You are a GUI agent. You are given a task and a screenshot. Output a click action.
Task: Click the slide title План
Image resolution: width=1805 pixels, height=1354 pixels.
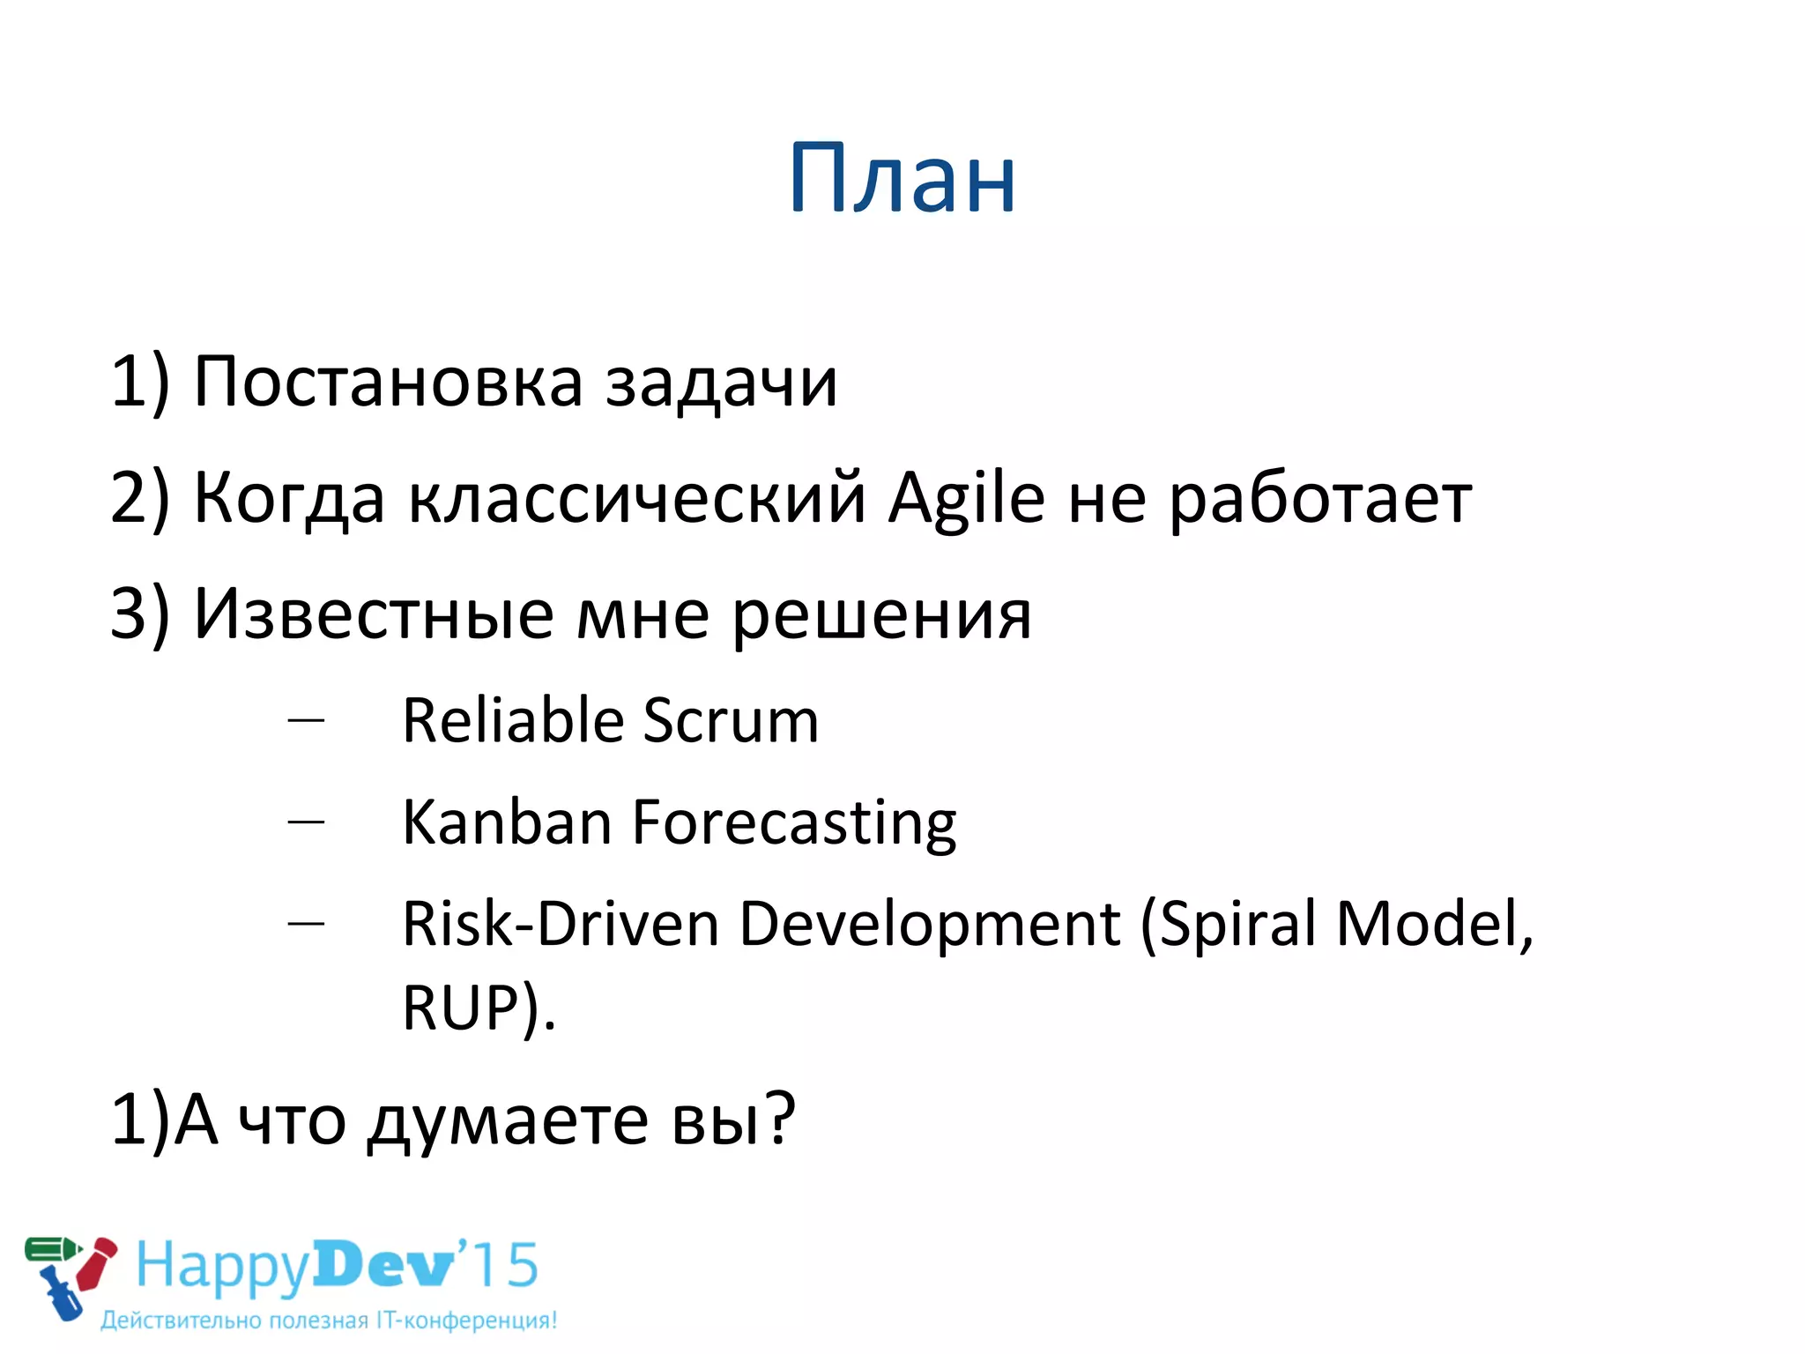pyautogui.click(x=902, y=179)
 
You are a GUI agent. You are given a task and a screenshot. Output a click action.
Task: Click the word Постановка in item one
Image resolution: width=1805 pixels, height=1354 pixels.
pyautogui.click(x=388, y=383)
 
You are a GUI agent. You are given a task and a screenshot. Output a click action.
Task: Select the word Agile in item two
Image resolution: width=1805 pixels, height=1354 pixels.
pyautogui.click(x=966, y=499)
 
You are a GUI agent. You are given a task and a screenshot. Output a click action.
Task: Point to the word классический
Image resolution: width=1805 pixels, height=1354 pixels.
pyautogui.click(x=636, y=499)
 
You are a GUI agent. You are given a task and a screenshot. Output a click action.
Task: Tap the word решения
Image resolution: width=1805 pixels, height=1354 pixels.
pyautogui.click(x=881, y=615)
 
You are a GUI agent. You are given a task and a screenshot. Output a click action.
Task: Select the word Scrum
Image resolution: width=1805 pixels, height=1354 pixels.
pyautogui.click(x=731, y=721)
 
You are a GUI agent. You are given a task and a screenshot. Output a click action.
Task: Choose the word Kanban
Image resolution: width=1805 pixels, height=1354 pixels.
pyautogui.click(x=507, y=822)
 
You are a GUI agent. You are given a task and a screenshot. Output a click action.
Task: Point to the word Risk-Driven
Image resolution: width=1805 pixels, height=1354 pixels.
pyautogui.click(x=561, y=925)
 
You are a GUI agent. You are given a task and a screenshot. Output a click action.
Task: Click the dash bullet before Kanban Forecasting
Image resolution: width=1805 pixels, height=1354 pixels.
pyautogui.click(x=306, y=822)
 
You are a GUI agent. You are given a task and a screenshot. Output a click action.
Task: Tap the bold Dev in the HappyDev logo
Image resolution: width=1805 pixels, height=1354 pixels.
pyautogui.click(x=384, y=1266)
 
